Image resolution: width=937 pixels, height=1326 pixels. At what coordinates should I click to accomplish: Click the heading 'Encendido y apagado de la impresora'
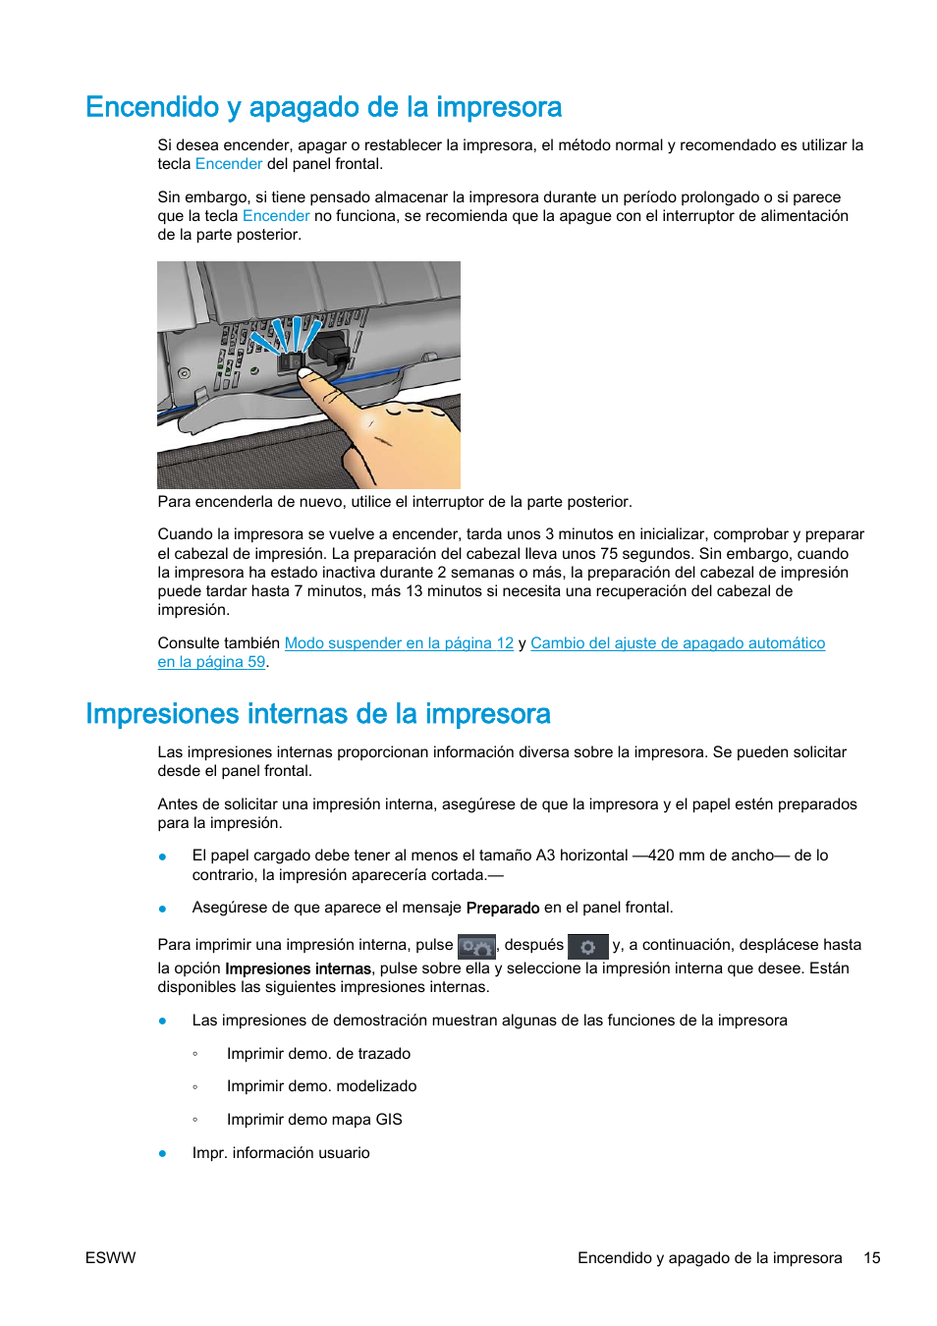[323, 107]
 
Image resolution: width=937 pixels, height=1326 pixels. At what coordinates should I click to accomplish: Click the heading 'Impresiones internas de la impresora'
[317, 714]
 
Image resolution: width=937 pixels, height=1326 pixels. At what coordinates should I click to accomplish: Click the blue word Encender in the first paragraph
[228, 164]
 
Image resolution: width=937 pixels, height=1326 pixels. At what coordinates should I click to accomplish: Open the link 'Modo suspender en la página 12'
[399, 643]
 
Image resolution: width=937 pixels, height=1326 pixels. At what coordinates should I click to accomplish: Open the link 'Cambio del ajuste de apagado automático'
[677, 643]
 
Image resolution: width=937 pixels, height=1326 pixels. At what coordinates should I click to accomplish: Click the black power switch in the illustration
[291, 362]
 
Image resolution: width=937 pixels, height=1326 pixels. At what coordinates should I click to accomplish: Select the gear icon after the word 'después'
[587, 947]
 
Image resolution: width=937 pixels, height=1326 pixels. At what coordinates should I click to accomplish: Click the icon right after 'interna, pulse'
[476, 947]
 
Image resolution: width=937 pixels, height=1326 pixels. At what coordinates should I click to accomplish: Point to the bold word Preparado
[502, 909]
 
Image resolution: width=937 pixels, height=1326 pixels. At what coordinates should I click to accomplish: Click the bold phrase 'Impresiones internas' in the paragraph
[298, 968]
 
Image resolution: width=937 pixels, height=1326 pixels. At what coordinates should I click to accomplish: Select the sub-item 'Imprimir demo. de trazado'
[318, 1054]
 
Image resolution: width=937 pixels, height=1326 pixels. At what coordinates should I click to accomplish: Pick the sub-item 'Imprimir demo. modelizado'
[321, 1086]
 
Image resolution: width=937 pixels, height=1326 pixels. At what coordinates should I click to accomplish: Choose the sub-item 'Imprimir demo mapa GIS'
[314, 1120]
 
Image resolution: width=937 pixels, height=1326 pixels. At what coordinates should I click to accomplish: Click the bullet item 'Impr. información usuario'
[281, 1153]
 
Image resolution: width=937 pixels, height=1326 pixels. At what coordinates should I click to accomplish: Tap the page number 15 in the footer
[871, 1258]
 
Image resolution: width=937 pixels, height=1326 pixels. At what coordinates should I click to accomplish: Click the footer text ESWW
[110, 1258]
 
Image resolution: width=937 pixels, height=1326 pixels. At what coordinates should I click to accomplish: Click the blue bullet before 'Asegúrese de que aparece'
[163, 909]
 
